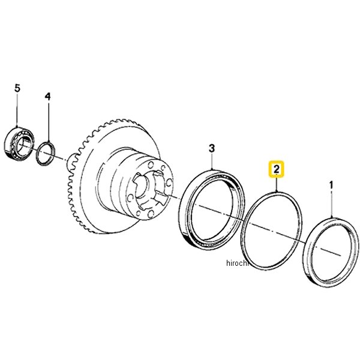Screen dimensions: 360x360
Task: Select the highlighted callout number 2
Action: point(275,170)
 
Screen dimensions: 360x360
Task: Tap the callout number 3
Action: point(211,147)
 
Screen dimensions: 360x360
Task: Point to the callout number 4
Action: point(48,96)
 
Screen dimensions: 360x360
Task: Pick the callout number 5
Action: point(17,88)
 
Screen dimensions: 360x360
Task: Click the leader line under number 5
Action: point(17,111)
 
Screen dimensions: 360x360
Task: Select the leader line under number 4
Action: point(48,120)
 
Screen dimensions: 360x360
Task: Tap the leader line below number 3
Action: point(211,161)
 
